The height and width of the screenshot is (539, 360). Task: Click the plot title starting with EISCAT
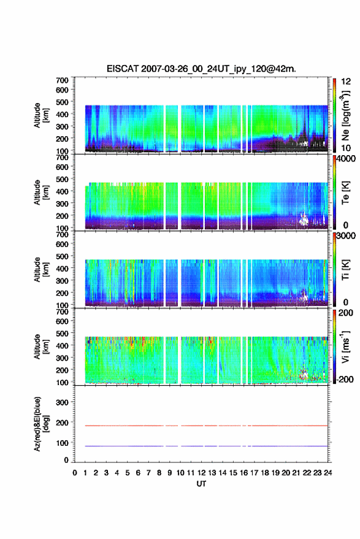pos(201,69)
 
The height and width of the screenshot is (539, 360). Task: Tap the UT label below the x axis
pos(201,484)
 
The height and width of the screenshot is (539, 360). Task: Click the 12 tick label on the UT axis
pos(201,473)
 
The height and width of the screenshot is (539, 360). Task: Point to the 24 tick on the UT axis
pos(327,473)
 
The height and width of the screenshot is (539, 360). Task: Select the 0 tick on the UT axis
pos(75,473)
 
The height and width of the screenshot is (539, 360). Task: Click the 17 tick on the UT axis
pos(254,473)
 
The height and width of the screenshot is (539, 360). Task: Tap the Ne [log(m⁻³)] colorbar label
pos(346,115)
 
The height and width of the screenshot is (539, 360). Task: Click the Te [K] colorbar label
pos(345,193)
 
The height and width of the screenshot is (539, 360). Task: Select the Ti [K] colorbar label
pos(345,270)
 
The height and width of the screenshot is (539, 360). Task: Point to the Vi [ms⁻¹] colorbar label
pos(345,346)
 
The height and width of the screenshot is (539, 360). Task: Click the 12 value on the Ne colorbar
pos(346,82)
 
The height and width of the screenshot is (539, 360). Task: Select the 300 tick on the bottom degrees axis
pos(62,402)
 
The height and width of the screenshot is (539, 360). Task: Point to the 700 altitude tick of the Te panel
pos(62,158)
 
